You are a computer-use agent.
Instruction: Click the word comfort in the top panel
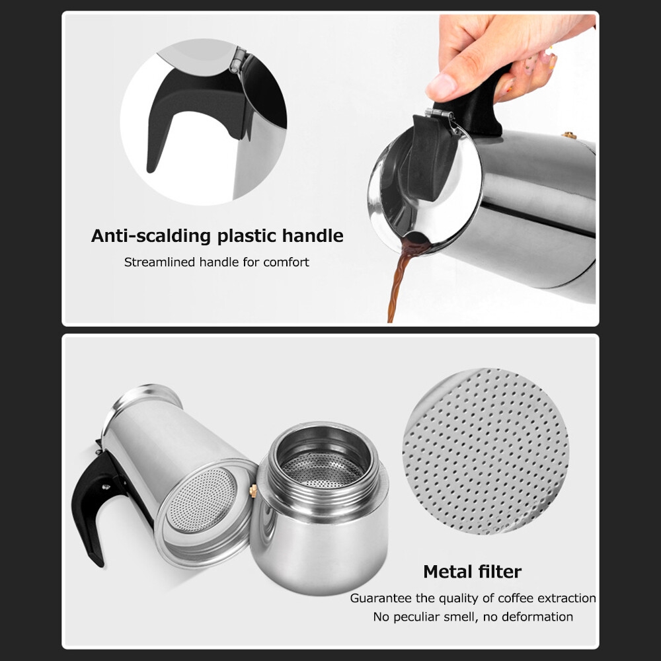[286, 262]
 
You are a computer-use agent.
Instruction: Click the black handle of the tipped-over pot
[95, 502]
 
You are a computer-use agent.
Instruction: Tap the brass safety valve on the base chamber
[253, 490]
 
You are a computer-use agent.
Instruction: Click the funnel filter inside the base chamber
[323, 469]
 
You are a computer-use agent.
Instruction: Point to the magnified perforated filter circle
[486, 451]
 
